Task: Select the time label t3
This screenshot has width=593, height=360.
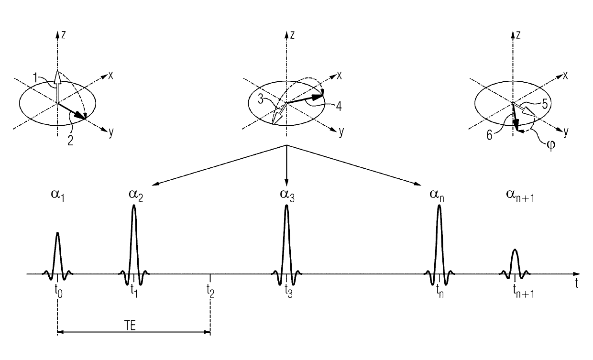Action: click(x=287, y=290)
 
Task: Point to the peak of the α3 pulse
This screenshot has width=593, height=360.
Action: click(x=286, y=206)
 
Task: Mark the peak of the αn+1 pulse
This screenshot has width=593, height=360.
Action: click(x=515, y=250)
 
